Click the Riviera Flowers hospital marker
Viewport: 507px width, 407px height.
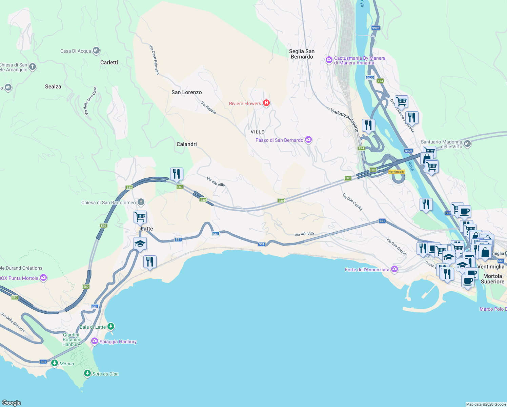[266, 103]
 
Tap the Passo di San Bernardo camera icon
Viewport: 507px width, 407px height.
[308, 140]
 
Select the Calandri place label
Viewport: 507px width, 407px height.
[186, 144]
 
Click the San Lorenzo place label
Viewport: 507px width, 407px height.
[186, 92]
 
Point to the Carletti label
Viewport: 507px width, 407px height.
[109, 62]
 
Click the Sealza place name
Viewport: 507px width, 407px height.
[53, 86]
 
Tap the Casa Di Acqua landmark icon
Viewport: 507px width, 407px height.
[96, 51]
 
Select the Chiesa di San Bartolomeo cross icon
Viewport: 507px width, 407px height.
[141, 202]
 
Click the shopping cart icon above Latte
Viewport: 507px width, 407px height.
[140, 216]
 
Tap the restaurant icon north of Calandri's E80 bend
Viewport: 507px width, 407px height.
[177, 174]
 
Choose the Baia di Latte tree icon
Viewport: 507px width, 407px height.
[111, 327]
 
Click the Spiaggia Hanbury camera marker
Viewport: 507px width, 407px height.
[95, 341]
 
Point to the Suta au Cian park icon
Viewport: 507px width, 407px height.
[87, 373]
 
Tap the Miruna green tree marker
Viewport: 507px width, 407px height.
[54, 363]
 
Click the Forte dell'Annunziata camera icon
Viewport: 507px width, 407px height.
[394, 269]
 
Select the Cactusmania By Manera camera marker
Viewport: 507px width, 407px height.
[329, 60]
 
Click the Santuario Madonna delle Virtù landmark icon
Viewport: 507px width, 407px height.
[467, 144]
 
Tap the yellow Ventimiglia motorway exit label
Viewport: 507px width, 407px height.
[397, 172]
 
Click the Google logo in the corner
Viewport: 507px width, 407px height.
[12, 403]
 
